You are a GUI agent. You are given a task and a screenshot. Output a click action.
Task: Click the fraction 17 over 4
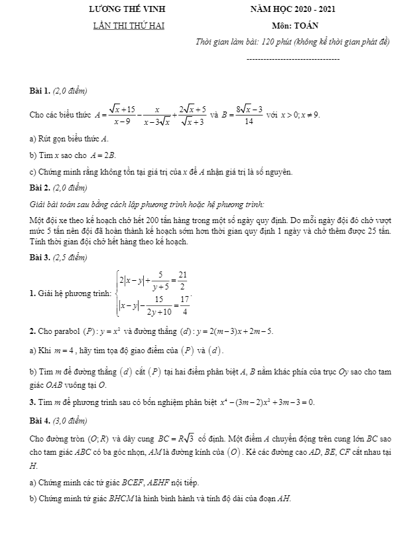(x=186, y=306)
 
